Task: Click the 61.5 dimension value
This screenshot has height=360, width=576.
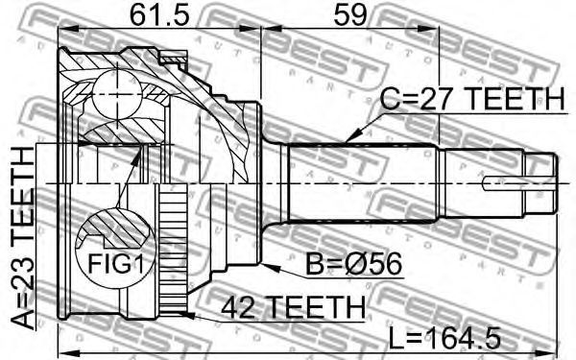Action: [x=159, y=14]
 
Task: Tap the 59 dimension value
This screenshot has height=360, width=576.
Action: [x=349, y=14]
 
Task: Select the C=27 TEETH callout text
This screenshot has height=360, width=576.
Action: [x=471, y=99]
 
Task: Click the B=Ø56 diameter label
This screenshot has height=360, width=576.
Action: [x=353, y=264]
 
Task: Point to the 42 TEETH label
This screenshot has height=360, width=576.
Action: [x=294, y=306]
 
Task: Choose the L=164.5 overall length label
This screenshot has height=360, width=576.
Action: [x=444, y=338]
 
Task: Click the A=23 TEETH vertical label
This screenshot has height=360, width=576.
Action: [x=23, y=238]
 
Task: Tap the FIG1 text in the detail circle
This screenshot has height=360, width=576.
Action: [x=115, y=263]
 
